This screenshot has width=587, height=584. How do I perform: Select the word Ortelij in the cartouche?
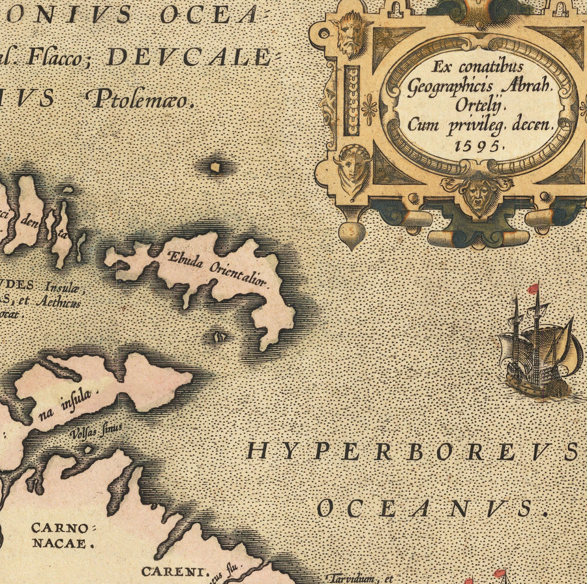coord(479,105)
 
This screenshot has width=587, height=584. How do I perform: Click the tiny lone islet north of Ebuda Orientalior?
coord(215,167)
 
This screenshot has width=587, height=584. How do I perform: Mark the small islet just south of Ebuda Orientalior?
coord(220,337)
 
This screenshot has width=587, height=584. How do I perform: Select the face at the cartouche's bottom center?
coord(479,195)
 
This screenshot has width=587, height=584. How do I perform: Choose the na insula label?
coord(74,401)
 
